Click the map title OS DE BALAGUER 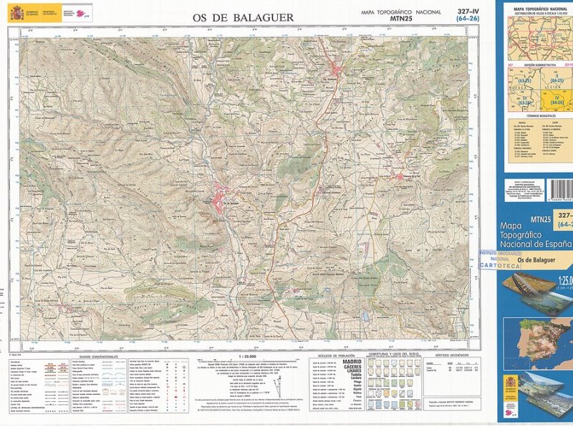tap(242, 16)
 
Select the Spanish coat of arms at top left tap(16, 12)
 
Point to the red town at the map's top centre tap(337, 70)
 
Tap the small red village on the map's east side tap(402, 176)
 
